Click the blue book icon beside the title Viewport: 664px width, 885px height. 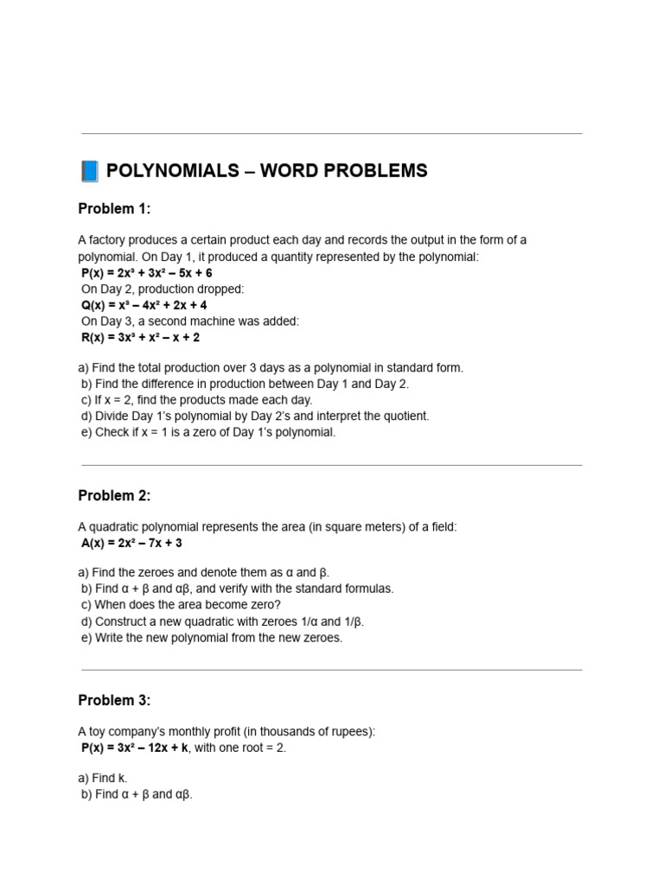pos(90,171)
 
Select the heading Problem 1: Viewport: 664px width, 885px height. pos(114,209)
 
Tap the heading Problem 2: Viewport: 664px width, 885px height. pos(114,496)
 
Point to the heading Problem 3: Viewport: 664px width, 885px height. pos(114,701)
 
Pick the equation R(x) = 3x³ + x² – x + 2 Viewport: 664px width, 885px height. pos(140,337)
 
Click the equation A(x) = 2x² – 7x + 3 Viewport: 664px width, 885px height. pos(131,543)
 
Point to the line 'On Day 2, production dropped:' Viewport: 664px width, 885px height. pos(163,289)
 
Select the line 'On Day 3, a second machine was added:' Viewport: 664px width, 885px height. pos(189,321)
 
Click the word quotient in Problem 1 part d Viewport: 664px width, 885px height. pos(404,416)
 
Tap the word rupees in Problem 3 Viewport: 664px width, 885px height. pos(348,732)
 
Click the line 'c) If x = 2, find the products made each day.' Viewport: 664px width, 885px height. pos(196,400)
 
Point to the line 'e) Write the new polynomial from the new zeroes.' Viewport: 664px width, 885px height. pos(212,638)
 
